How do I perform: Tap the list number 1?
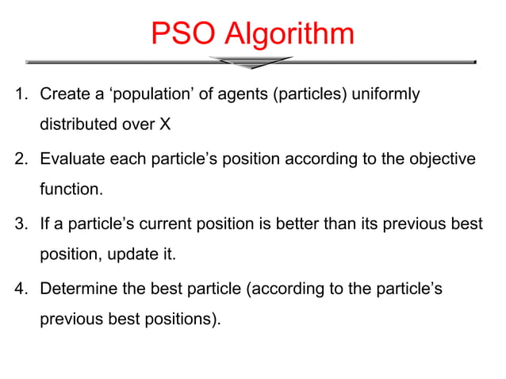[20, 95]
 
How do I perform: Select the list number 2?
[20, 159]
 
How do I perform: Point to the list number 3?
[20, 224]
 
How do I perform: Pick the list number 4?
[20, 289]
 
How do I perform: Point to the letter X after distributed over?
[165, 125]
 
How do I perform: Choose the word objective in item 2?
[441, 159]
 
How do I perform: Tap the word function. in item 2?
[71, 190]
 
